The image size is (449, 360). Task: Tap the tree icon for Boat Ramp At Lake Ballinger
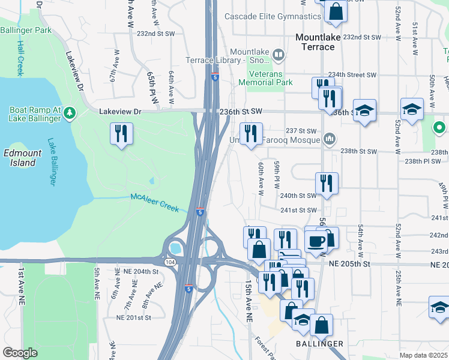click(x=70, y=112)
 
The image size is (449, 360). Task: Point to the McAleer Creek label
click(x=155, y=202)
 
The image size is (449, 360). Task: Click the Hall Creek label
click(x=20, y=58)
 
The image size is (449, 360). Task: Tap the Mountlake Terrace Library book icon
click(x=278, y=56)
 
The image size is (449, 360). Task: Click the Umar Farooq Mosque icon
click(x=329, y=140)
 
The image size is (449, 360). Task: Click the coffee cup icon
click(x=316, y=242)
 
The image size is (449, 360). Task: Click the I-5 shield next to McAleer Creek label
click(x=200, y=212)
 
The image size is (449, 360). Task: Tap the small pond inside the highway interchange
click(x=176, y=247)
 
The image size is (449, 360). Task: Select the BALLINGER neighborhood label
click(x=320, y=344)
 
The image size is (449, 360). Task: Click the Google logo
click(x=20, y=353)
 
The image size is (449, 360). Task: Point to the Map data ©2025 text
click(x=423, y=356)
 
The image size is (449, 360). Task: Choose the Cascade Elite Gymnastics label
click(x=273, y=16)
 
